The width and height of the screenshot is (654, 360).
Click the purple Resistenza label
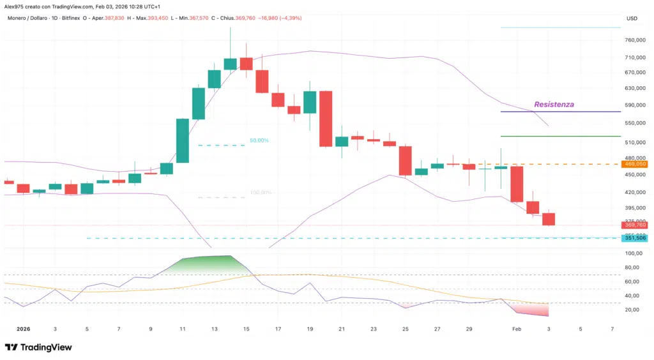pyautogui.click(x=554, y=103)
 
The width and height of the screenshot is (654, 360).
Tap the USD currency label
pyautogui.click(x=632, y=18)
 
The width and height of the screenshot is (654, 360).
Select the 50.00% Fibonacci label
pyautogui.click(x=259, y=140)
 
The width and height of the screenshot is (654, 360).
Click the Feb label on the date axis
pyautogui.click(x=517, y=329)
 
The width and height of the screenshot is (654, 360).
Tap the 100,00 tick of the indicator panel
pyautogui.click(x=634, y=253)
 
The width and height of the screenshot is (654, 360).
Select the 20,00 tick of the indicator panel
pyautogui.click(x=634, y=310)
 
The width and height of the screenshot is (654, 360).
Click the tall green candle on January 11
pyautogui.click(x=182, y=140)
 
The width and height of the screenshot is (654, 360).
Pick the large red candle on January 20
pyautogui.click(x=326, y=119)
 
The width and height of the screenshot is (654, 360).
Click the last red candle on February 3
pyautogui.click(x=549, y=219)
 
